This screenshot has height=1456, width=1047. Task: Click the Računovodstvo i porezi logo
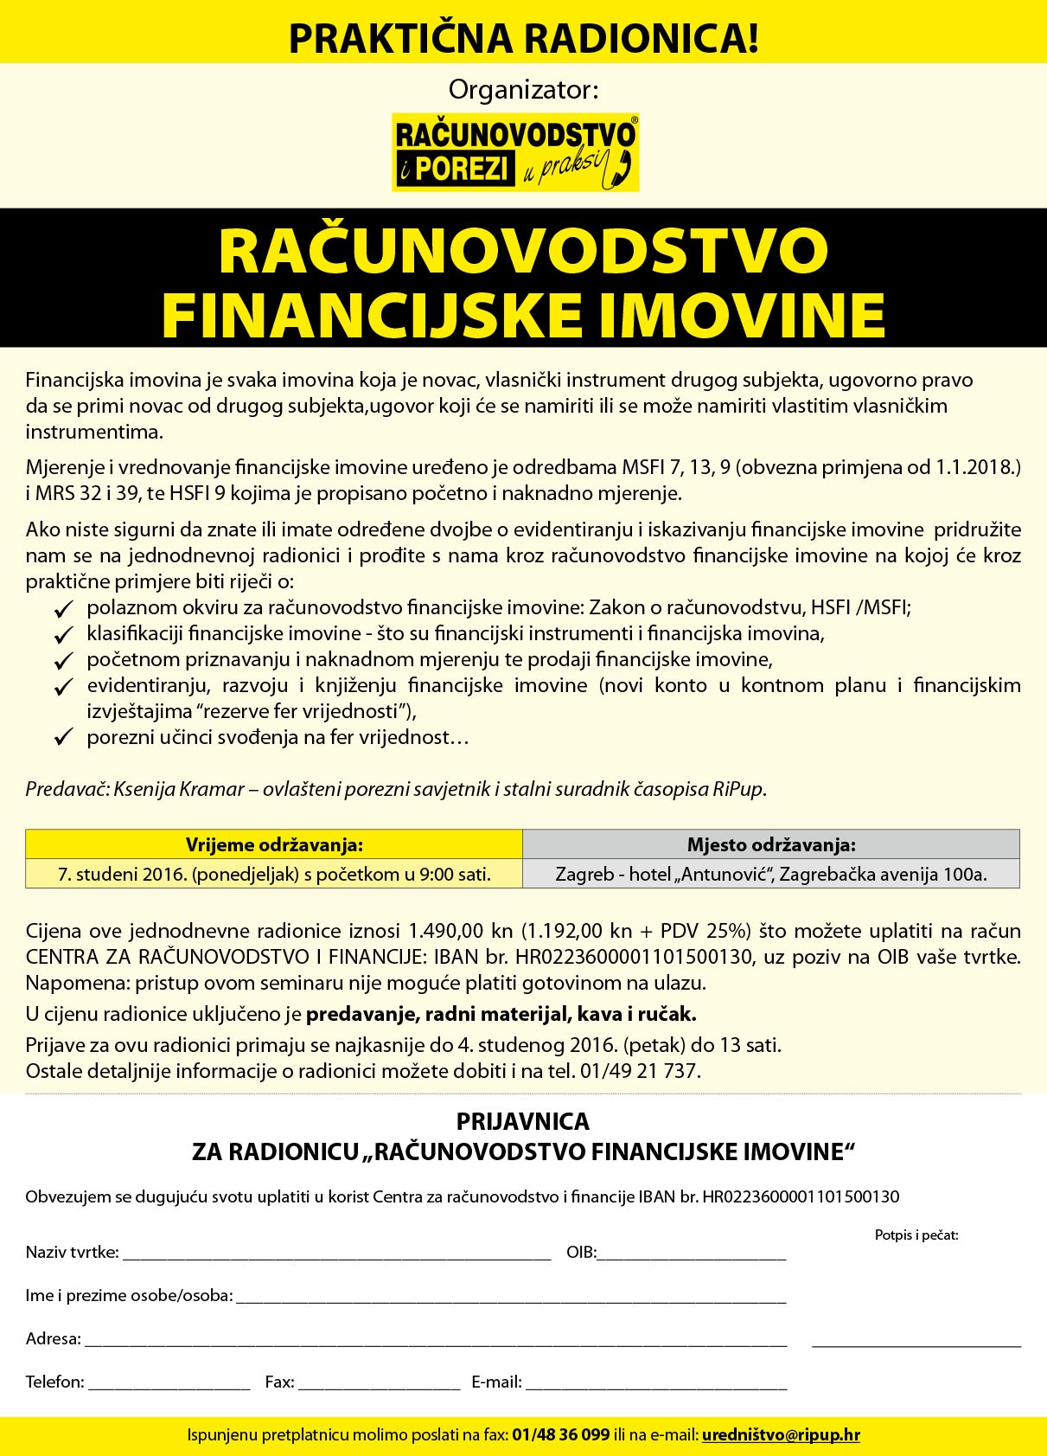point(515,151)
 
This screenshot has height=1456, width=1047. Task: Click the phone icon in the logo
point(622,167)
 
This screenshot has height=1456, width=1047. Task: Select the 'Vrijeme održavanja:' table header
point(274,844)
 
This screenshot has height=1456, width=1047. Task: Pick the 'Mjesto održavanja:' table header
point(771,844)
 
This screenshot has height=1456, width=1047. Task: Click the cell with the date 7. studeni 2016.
point(274,874)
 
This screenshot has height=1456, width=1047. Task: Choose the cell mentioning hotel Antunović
point(771,874)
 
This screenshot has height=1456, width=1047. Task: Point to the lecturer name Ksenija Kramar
point(177,789)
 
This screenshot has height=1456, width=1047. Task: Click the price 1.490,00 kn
point(460,931)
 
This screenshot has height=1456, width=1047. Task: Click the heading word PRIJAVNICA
point(523,1121)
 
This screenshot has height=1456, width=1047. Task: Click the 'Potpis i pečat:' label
point(916,1235)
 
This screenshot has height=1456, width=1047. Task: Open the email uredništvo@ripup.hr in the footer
point(781,1435)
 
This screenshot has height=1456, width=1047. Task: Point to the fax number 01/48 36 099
point(560,1435)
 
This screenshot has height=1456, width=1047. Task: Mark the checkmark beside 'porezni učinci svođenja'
point(62,739)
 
